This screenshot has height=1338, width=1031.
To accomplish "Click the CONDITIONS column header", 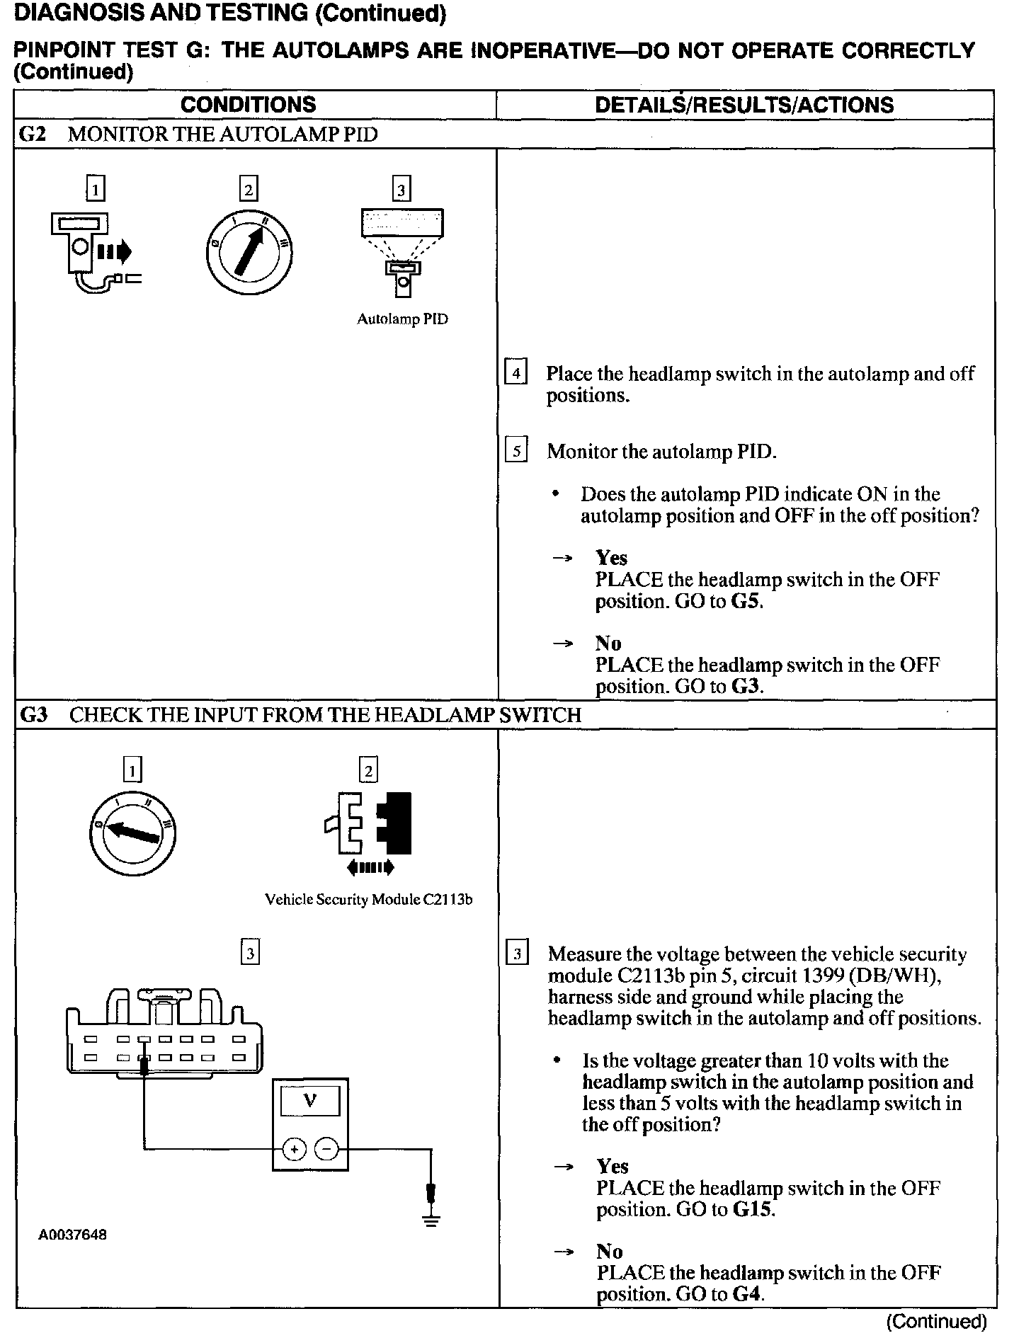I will pyautogui.click(x=248, y=105).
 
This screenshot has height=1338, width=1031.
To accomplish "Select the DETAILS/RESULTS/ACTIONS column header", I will pyautogui.click(x=744, y=105).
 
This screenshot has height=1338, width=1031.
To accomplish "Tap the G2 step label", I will pyautogui.click(x=32, y=135).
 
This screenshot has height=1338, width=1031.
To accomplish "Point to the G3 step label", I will pyautogui.click(x=33, y=715).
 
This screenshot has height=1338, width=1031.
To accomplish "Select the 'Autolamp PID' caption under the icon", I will pyautogui.click(x=402, y=319).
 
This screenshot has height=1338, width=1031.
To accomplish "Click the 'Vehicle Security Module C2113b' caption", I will pyautogui.click(x=368, y=900).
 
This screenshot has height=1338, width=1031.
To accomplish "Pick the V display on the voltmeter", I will pyautogui.click(x=309, y=1101).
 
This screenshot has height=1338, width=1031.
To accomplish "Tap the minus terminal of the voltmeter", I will pyautogui.click(x=326, y=1150).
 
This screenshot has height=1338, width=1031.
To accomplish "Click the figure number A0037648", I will pyautogui.click(x=73, y=1235).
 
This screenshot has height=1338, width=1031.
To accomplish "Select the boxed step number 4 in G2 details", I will pyautogui.click(x=515, y=373).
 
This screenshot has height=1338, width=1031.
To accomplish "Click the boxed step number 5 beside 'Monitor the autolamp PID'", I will pyautogui.click(x=516, y=451).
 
